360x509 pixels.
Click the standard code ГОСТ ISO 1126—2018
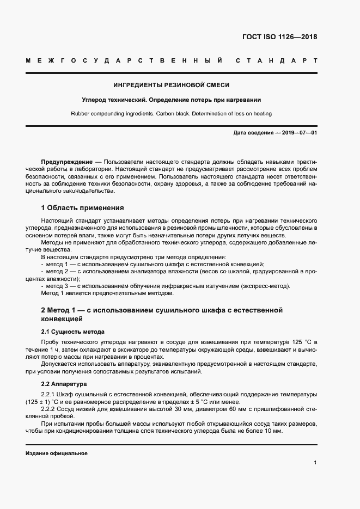(x=279, y=38)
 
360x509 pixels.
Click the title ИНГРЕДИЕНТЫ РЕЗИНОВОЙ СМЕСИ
(x=171, y=85)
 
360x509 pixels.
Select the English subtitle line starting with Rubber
(x=171, y=114)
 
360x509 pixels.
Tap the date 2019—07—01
(x=299, y=133)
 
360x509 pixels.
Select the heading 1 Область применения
(x=82, y=208)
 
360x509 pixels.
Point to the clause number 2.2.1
(x=50, y=394)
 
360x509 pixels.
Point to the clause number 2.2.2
(x=50, y=408)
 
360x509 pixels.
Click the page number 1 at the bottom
(x=315, y=463)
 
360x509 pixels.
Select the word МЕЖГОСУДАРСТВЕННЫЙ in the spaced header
(x=124, y=60)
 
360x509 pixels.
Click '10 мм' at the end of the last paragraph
(x=273, y=431)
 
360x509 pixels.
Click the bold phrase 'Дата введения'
(x=252, y=133)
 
